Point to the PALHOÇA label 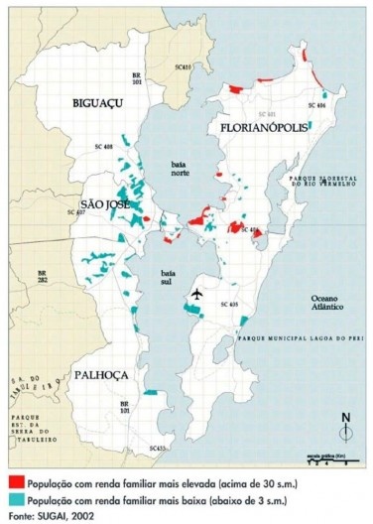(100, 375)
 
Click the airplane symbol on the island (198, 294)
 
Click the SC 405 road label (227, 304)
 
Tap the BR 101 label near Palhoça (125, 406)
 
